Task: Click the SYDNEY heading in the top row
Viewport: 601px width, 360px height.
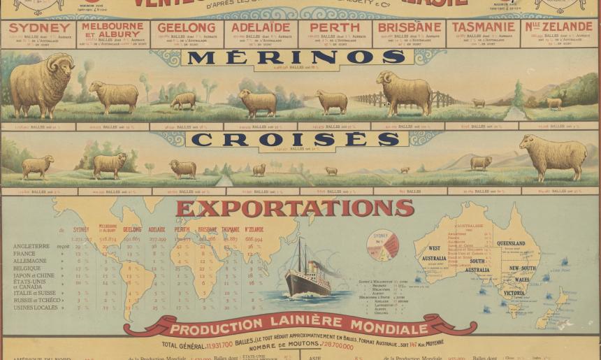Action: pos(39,27)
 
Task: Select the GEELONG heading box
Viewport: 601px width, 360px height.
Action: pos(186,27)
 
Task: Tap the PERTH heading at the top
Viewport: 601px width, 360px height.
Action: pos(335,27)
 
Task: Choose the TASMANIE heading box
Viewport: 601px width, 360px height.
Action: pos(483,27)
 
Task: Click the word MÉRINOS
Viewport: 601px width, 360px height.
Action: pos(296,57)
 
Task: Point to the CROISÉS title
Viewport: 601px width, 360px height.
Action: pos(296,139)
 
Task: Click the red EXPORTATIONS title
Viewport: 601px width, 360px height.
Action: pos(295,208)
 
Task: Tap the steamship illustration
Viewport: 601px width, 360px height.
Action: pos(307,275)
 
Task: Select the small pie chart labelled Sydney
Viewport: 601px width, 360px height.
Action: pos(382,245)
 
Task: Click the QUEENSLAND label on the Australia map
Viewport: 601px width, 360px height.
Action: pos(511,243)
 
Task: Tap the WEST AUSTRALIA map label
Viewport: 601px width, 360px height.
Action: pos(434,253)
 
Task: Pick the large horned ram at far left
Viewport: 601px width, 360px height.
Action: pos(41,85)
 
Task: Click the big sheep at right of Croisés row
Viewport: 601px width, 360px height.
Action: pos(553,157)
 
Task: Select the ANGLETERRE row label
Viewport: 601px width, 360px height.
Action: pos(31,246)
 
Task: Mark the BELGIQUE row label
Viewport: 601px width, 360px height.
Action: pos(27,268)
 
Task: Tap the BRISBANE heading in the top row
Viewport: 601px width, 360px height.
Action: pos(410,27)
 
